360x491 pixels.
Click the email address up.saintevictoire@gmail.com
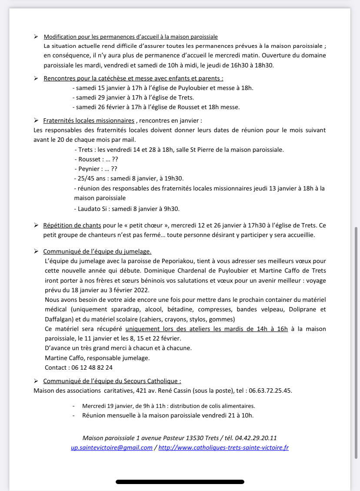coord(112,448)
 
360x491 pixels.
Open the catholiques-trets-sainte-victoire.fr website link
coord(223,448)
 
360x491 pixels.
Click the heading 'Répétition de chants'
coord(72,225)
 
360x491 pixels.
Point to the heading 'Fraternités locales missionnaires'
coord(89,120)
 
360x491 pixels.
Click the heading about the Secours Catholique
coord(112,381)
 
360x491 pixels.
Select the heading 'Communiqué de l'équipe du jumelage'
coord(97,251)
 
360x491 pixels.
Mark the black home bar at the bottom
coord(180,482)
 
